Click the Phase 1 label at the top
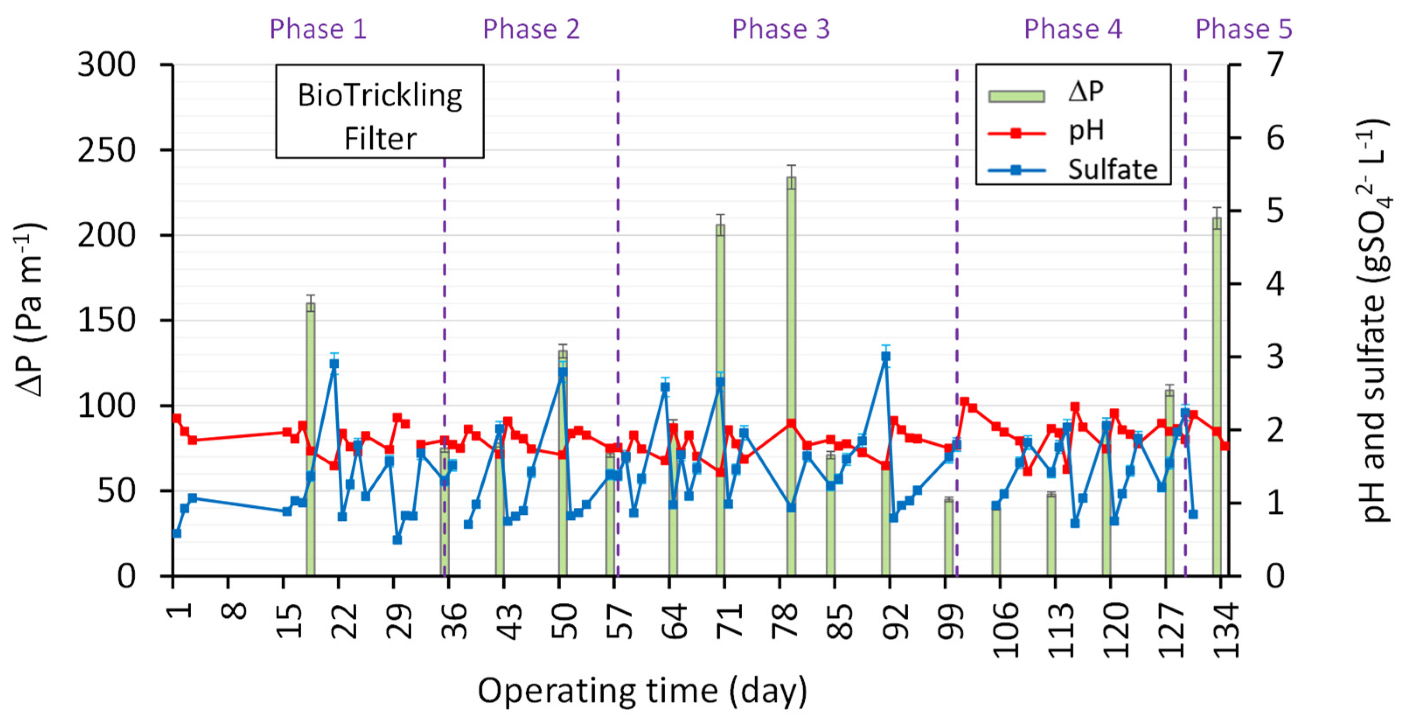point(318,28)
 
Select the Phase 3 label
point(781,28)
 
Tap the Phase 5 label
point(1244,28)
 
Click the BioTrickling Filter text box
point(379,112)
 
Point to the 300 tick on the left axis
point(107,65)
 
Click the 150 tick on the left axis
point(107,320)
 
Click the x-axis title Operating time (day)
point(643,691)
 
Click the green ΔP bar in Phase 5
point(1216,397)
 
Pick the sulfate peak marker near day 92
point(886,356)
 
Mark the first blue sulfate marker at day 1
point(177,534)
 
